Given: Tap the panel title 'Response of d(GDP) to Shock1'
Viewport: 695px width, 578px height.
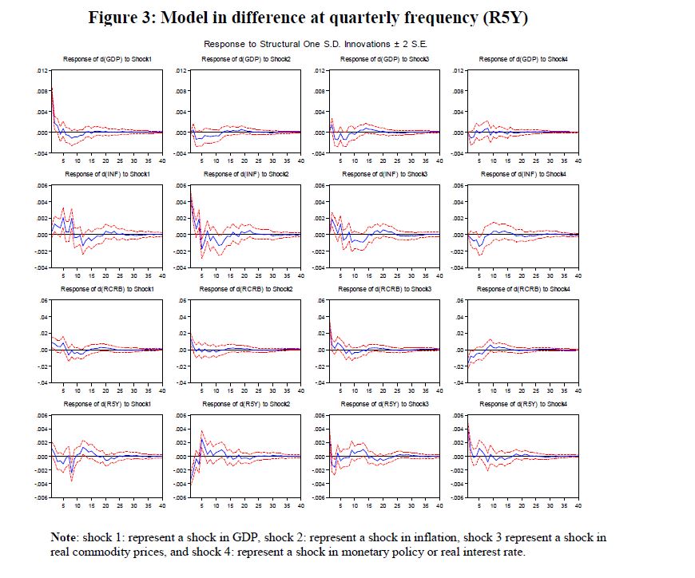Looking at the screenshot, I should coord(105,59).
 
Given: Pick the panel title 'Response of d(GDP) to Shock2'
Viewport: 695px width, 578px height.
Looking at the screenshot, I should coord(245,59).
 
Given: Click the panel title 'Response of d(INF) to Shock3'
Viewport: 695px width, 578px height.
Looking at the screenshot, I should coord(384,174).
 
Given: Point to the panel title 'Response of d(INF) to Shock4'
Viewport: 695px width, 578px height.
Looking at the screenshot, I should coord(523,174).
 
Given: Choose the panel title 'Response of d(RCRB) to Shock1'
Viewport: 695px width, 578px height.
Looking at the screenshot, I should coord(105,289).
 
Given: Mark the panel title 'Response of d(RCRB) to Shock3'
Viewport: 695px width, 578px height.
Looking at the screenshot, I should coord(384,289).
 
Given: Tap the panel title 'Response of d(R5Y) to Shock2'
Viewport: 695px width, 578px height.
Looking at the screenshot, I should coord(245,404).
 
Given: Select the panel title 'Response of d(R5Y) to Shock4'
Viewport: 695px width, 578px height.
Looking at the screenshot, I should coord(523,404).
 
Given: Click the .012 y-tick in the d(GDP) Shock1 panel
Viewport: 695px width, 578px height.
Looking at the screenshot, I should coord(42,70).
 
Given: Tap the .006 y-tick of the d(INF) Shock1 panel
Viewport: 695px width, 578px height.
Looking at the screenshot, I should coord(42,185).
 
